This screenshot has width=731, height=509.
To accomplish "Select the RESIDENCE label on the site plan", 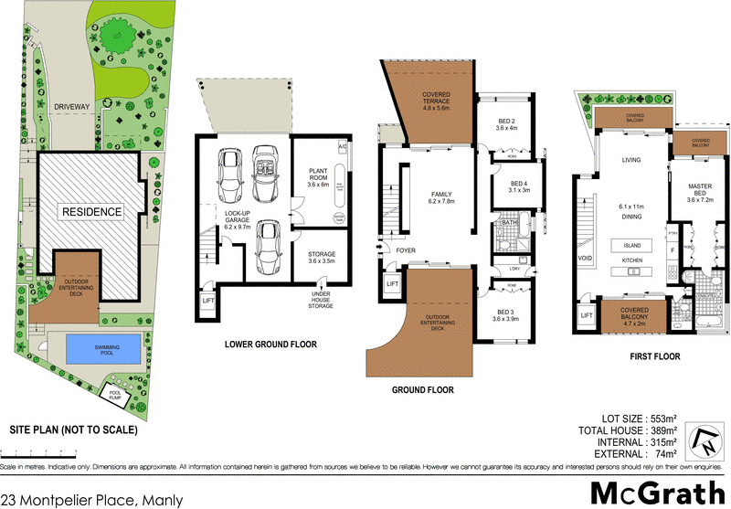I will (x=91, y=211).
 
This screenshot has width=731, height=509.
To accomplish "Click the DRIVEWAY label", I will (x=69, y=107).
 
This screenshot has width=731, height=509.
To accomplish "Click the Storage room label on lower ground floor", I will (x=321, y=258).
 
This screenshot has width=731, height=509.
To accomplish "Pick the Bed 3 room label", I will (x=505, y=313).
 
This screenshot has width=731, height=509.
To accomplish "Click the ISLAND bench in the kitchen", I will (x=632, y=245).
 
